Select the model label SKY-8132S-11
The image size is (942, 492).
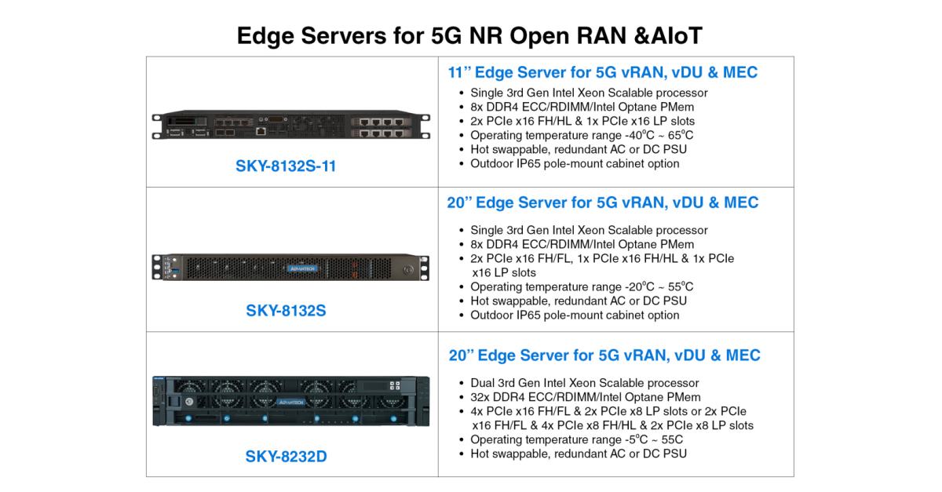click(x=286, y=166)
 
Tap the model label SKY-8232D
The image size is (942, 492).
click(x=286, y=456)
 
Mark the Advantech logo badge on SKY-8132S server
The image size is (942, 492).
click(x=302, y=268)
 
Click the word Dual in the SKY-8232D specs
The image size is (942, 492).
click(x=484, y=383)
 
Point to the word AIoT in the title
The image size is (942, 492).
click(x=677, y=35)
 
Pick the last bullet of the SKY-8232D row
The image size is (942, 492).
click(x=578, y=454)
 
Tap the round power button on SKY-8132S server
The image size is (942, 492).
click(x=407, y=268)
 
